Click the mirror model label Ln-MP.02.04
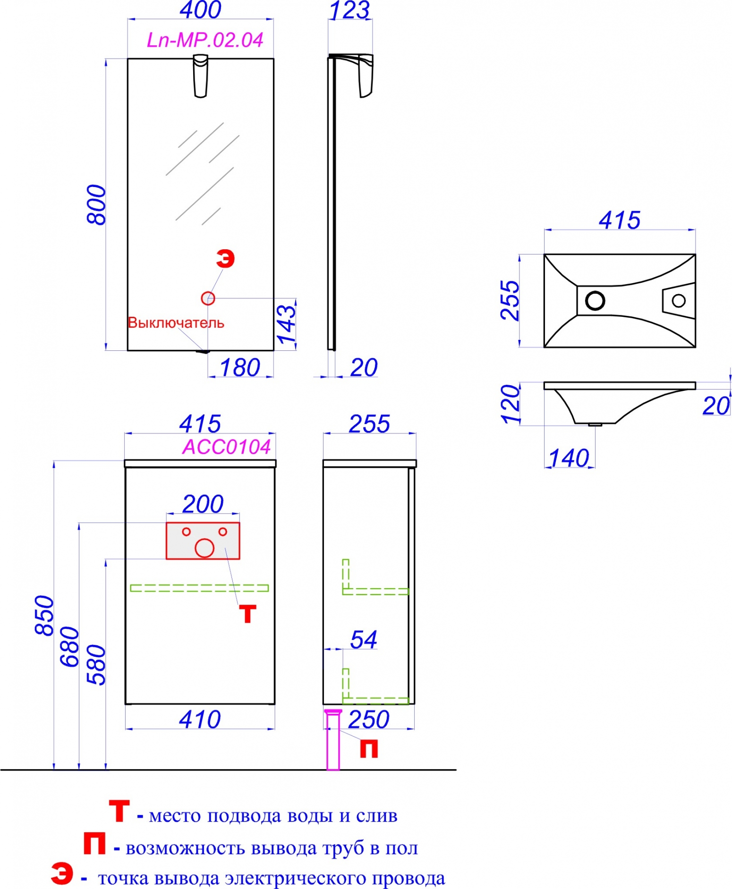point(205,40)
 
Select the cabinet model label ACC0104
point(227,447)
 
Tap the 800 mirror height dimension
point(96,204)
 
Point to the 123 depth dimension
point(349,10)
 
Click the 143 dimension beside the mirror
point(286,324)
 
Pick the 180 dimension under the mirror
point(240,368)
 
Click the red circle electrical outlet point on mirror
point(208,298)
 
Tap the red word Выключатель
point(176,323)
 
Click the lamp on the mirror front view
point(201,76)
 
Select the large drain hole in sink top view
point(595,300)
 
